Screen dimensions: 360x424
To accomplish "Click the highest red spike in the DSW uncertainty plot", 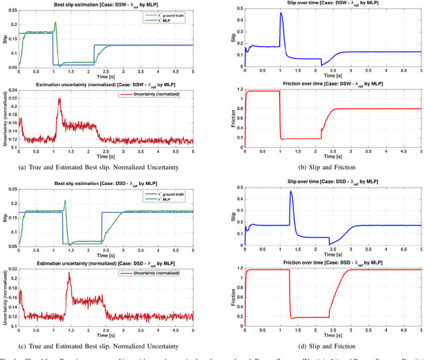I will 59,99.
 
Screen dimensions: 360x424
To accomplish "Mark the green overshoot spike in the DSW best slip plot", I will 56,23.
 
